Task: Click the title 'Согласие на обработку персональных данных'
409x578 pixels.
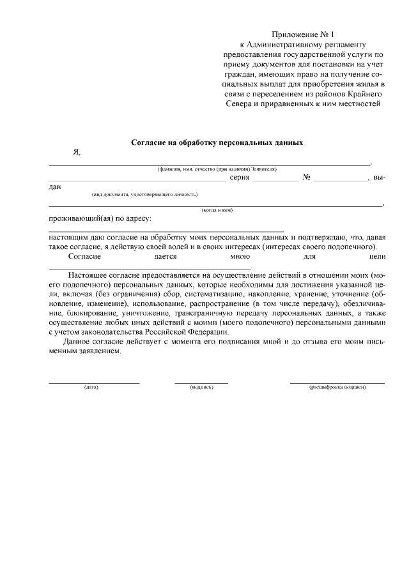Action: pos(217,142)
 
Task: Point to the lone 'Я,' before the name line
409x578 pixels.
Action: pos(77,153)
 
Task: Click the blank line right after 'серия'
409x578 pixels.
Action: pos(275,181)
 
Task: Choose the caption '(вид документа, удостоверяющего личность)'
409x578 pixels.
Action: pos(144,194)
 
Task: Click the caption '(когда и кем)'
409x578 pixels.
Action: pos(217,210)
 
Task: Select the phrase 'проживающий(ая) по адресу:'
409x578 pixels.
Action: pos(99,219)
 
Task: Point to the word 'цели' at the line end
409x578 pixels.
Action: pos(377,256)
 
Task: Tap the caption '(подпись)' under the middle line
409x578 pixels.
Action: pos(201,388)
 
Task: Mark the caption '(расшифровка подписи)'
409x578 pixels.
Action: pos(337,388)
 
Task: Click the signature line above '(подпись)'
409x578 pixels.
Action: pos(201,383)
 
